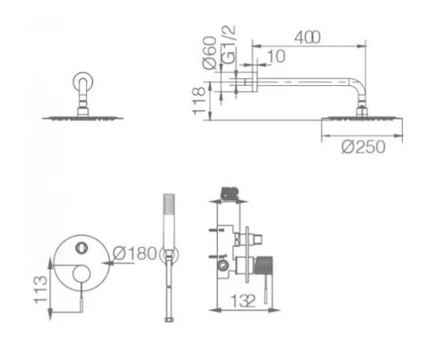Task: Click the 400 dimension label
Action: pyautogui.click(x=307, y=37)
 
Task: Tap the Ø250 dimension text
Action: pyautogui.click(x=364, y=146)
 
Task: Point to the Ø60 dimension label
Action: pyautogui.click(x=210, y=52)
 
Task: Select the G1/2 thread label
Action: pyautogui.click(x=229, y=44)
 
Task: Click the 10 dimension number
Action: pyautogui.click(x=277, y=56)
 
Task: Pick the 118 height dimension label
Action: pyautogui.click(x=199, y=101)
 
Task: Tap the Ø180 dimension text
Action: pyautogui.click(x=135, y=253)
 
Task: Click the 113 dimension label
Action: pyautogui.click(x=41, y=289)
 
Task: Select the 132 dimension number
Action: pyautogui.click(x=243, y=300)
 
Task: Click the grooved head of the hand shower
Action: pyautogui.click(x=169, y=204)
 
